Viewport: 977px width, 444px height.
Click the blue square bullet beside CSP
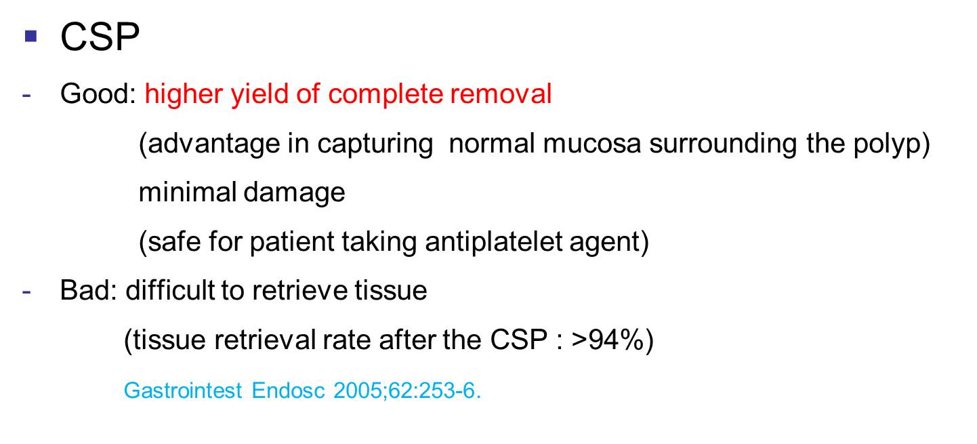pyautogui.click(x=31, y=36)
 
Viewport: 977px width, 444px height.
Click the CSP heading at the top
pyautogui.click(x=100, y=37)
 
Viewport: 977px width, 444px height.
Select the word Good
pyautogui.click(x=95, y=94)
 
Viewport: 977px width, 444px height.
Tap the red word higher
pyautogui.click(x=184, y=95)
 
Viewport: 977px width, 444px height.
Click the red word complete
pyautogui.click(x=385, y=95)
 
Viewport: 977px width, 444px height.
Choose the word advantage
pyautogui.click(x=213, y=144)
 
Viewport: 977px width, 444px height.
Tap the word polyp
pyautogui.click(x=886, y=144)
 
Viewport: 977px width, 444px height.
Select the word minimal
pyautogui.click(x=188, y=192)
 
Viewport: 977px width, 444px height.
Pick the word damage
pyautogui.click(x=295, y=193)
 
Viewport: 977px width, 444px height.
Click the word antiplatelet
pyautogui.click(x=494, y=241)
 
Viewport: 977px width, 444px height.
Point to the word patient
pyautogui.click(x=292, y=241)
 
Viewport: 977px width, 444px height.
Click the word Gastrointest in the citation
pyautogui.click(x=183, y=390)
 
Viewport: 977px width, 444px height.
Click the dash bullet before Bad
pyautogui.click(x=26, y=291)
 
